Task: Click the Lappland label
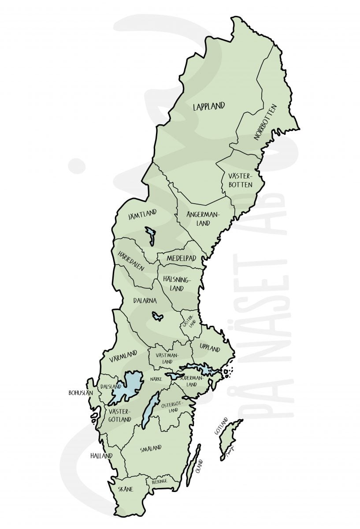coord(209,106)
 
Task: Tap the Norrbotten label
coord(265,122)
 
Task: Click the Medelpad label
coord(181,258)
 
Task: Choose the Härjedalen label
coord(130,261)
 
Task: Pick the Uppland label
coord(209,349)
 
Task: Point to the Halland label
coord(101,455)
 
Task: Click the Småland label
coord(151,449)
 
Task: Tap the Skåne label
coord(126,489)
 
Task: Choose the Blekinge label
coord(159,482)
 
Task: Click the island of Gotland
coord(231,439)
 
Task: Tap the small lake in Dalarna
coord(157,316)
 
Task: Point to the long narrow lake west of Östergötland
coord(150,410)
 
